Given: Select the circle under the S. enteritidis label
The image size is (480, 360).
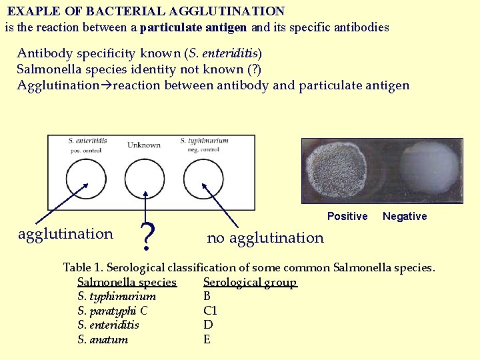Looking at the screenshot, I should tap(86, 178).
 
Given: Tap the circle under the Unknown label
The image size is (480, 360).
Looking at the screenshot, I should tap(145, 178).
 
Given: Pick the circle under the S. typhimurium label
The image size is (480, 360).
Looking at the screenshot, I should tap(203, 178).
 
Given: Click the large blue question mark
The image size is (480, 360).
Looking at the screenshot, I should tap(150, 235).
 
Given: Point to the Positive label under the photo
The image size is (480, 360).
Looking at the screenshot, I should tap(347, 216).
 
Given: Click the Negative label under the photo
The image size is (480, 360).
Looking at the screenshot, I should tap(405, 216).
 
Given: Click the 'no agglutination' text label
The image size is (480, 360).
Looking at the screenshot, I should tap(265, 238).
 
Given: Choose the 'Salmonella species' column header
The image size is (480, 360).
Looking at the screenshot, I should tap(127, 282).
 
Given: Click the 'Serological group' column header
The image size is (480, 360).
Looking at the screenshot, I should tap(250, 282).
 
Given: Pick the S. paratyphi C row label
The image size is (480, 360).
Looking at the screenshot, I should tap(113, 311).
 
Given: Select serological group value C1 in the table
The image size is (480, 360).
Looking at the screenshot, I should tap(211, 311).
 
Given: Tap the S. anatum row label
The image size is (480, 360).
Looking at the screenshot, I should tap(103, 339).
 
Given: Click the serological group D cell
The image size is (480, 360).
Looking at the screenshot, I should tap(208, 325).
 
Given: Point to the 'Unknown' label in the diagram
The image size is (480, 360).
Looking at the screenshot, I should tap(144, 145).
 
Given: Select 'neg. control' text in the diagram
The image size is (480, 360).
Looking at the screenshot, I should tap(201, 150).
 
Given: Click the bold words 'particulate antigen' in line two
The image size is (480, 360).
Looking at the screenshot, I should tap(193, 28).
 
